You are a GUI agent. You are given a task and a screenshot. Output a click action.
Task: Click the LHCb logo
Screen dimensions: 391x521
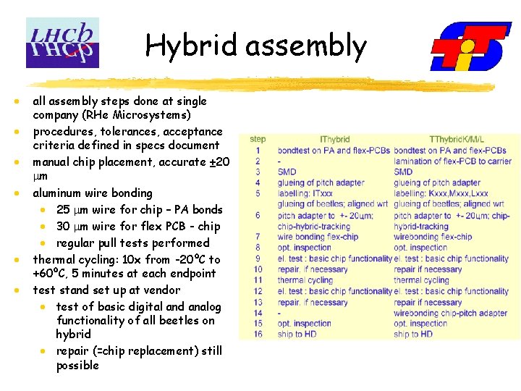62,43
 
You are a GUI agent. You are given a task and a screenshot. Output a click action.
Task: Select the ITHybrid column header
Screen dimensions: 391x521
334,140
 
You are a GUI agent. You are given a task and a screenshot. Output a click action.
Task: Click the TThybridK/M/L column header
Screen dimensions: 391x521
457,140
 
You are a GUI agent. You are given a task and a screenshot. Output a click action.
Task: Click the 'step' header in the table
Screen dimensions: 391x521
258,139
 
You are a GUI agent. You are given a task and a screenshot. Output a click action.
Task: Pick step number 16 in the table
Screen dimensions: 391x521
258,335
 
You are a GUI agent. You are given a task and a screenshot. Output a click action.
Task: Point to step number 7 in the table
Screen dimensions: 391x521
258,237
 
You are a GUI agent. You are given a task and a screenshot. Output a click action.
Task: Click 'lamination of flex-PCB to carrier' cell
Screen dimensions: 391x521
452,161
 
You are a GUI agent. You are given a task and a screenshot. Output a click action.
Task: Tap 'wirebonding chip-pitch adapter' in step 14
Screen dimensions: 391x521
451,313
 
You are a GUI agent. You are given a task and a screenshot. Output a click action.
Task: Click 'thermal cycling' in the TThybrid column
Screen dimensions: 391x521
421,280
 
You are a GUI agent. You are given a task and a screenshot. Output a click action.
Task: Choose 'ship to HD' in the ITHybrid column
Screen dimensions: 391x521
297,335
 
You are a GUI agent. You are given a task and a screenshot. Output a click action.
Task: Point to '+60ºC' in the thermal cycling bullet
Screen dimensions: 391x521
49,273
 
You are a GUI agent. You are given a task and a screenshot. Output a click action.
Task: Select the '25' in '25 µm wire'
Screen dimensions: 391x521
63,210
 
